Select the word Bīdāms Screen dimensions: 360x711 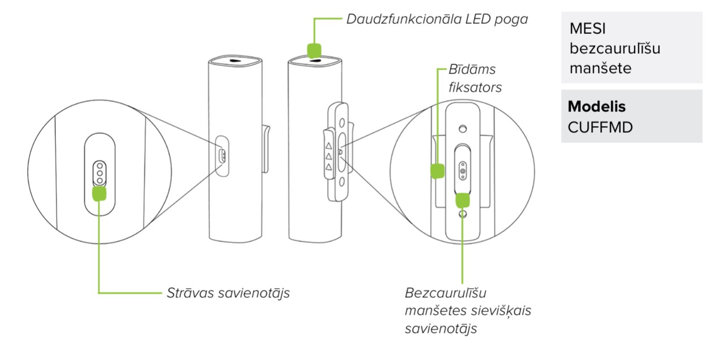472,70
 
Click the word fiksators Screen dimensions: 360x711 475,88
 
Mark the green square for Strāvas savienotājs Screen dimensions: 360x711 99,193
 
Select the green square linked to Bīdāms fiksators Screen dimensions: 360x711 437,171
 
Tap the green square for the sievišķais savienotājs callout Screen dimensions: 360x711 463,199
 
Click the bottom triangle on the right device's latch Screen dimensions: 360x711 327,168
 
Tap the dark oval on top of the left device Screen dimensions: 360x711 235,62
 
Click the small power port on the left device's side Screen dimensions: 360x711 223,155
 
